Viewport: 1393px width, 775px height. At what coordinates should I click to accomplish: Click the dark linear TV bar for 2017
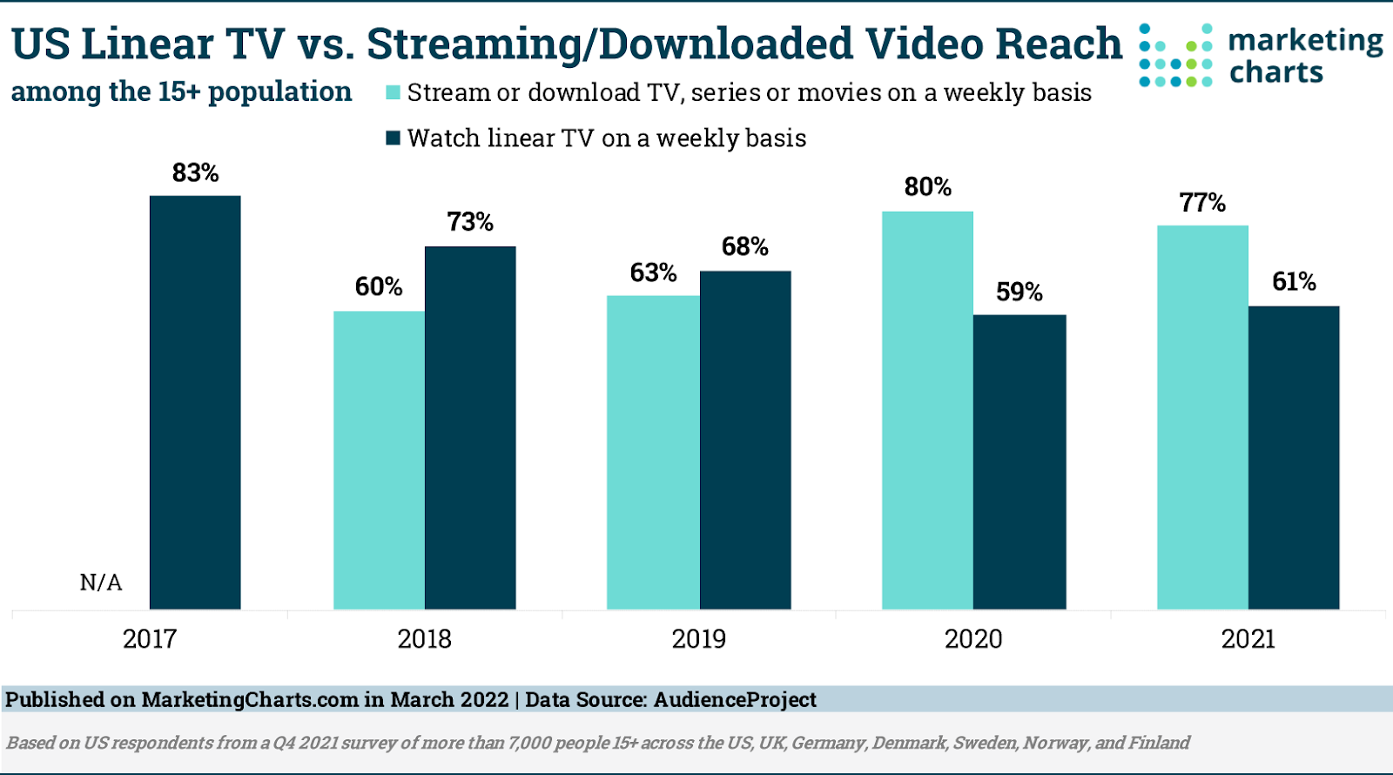click(195, 402)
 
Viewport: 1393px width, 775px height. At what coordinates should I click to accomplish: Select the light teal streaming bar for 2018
click(379, 460)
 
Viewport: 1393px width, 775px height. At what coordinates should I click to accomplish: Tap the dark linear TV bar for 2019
click(745, 440)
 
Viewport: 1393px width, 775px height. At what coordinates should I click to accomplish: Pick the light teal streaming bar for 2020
click(927, 410)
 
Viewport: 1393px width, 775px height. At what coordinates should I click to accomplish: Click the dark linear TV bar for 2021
click(1294, 457)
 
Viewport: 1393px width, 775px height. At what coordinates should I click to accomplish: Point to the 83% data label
click(195, 173)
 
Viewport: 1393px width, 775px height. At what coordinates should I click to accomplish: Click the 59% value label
click(1020, 292)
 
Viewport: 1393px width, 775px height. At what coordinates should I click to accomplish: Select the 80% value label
click(927, 187)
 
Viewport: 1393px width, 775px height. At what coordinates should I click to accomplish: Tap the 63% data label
click(653, 273)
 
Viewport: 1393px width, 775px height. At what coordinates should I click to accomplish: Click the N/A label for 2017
click(101, 583)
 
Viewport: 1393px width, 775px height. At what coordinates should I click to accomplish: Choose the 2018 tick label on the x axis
click(424, 639)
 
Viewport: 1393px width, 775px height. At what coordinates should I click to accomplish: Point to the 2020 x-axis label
click(973, 639)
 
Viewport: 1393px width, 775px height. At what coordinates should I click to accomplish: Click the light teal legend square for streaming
click(394, 92)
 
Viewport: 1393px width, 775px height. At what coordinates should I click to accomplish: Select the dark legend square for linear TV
click(394, 138)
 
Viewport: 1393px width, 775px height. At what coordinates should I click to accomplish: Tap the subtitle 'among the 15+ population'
click(181, 91)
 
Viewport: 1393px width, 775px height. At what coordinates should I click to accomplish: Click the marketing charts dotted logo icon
click(1175, 56)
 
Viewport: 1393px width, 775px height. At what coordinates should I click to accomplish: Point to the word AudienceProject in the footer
click(735, 699)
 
